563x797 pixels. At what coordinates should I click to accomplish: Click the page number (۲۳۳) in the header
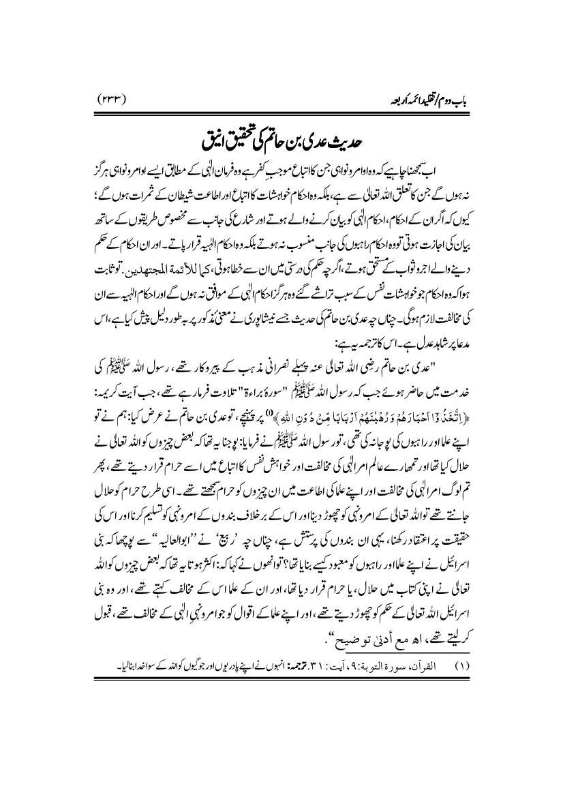117,100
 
